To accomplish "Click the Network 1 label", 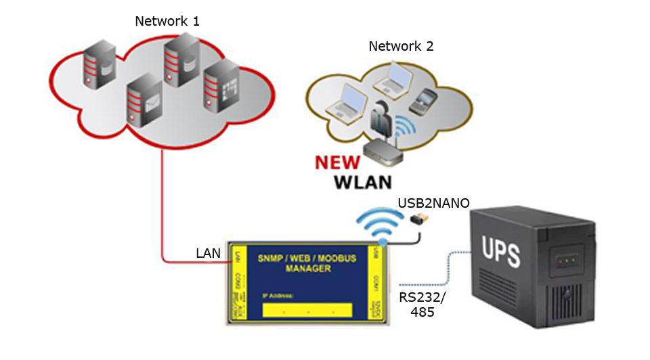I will [167, 21].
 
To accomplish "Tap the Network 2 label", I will [401, 47].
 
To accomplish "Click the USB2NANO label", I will [433, 203].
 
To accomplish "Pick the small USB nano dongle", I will [419, 219].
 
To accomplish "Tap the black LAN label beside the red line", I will [209, 253].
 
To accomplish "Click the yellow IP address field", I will [306, 310].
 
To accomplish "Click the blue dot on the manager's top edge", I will [383, 241].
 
